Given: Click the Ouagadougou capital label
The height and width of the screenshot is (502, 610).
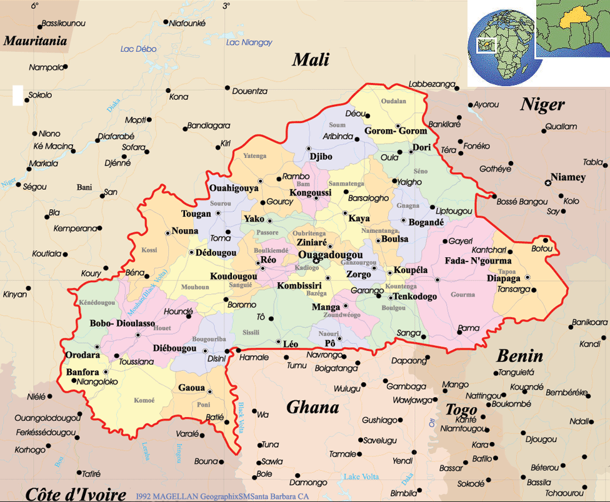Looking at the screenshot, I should tap(330, 255).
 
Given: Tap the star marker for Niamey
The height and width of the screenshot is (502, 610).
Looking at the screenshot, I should tap(548, 183).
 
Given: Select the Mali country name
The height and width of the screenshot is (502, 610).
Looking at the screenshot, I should tap(311, 60).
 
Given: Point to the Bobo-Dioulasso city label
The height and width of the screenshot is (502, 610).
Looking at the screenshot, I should tap(122, 323).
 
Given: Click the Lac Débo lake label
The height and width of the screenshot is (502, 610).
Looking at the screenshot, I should tap(138, 49).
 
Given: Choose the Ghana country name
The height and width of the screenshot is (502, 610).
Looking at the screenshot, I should tap(312, 408).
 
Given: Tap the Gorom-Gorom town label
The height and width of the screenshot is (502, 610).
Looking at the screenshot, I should tap(396, 131).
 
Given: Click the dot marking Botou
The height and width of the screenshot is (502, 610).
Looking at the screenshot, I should tap(545, 240).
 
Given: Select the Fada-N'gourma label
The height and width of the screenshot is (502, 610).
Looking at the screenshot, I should tap(477, 260).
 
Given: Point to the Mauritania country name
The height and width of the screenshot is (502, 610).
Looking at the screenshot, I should tap(35, 42).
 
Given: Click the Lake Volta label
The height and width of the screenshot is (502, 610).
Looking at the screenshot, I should tap(361, 477).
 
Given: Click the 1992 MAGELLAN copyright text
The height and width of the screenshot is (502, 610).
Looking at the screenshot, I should tap(222, 496).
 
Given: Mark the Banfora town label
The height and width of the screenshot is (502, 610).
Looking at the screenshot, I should tap(82, 373).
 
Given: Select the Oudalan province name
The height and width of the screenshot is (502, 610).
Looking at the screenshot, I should tap(394, 101).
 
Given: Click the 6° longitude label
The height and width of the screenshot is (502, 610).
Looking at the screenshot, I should tap(34, 6).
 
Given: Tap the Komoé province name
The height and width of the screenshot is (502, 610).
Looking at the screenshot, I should tap(144, 400).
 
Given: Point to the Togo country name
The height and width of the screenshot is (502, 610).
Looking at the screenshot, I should tap(461, 410).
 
